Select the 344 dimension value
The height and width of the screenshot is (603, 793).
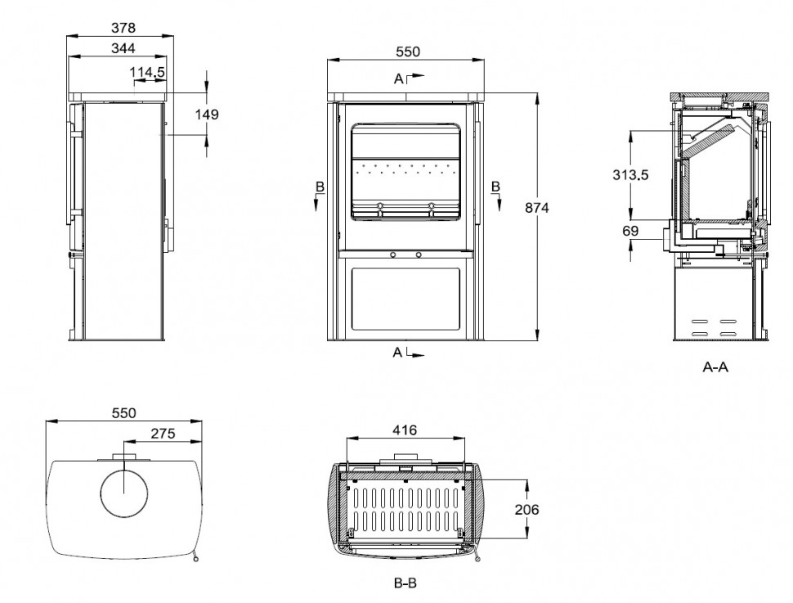pyautogui.click(x=123, y=48)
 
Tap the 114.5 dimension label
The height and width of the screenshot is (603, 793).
pyautogui.click(x=148, y=73)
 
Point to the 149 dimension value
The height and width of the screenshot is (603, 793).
pyautogui.click(x=207, y=115)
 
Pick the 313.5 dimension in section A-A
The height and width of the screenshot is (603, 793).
pyautogui.click(x=633, y=175)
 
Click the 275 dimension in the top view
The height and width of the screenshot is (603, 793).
pyautogui.click(x=163, y=434)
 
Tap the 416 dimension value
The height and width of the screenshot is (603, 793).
pyautogui.click(x=405, y=430)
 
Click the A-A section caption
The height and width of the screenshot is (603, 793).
pyautogui.click(x=716, y=367)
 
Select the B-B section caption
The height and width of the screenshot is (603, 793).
pyautogui.click(x=406, y=585)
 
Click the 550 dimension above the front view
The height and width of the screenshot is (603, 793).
pyautogui.click(x=407, y=52)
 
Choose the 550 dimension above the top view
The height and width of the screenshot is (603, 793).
pyautogui.click(x=123, y=413)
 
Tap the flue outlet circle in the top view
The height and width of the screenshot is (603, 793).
pyautogui.click(x=123, y=492)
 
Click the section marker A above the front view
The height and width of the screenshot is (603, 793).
pyautogui.click(x=399, y=79)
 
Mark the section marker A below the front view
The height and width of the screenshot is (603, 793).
pyautogui.click(x=398, y=353)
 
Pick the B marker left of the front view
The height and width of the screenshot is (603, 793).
pyautogui.click(x=320, y=187)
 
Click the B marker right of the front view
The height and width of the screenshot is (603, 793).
pyautogui.click(x=496, y=187)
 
